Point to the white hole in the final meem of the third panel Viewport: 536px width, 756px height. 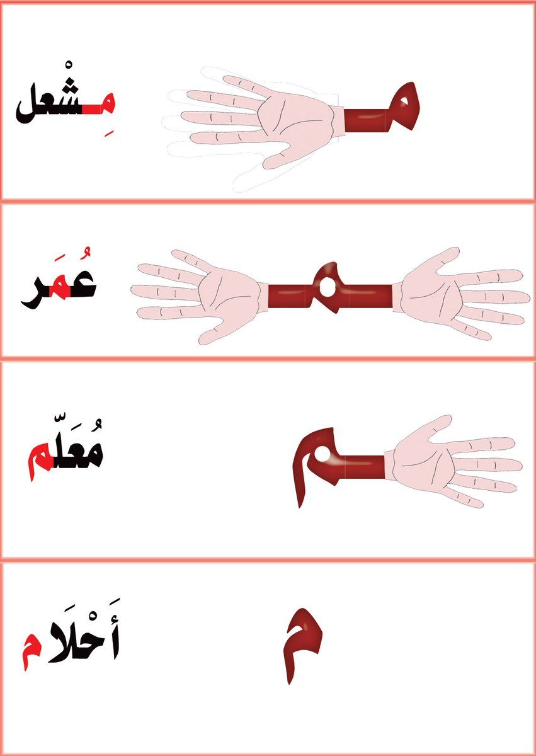click(321, 455)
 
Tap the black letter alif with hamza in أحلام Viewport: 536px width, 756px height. click(113, 643)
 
